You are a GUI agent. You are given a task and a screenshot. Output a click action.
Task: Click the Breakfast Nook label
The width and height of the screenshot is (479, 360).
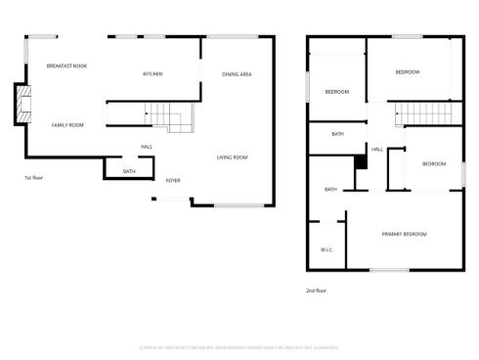(x=67, y=66)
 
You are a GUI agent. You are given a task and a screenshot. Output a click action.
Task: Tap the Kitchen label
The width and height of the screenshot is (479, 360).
(x=152, y=74)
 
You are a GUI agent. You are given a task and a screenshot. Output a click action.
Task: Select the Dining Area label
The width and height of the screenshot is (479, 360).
(x=238, y=74)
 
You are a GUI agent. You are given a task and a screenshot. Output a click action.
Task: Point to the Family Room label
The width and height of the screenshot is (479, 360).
(x=67, y=124)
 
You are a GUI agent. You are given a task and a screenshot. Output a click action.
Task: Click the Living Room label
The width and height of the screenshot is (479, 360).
(x=232, y=157)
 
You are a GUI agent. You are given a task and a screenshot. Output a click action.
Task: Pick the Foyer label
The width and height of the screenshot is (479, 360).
(x=173, y=180)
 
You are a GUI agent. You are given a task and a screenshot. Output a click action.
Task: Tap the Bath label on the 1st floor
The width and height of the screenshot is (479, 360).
(x=129, y=172)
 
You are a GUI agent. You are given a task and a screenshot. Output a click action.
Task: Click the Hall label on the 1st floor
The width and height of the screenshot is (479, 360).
(x=147, y=147)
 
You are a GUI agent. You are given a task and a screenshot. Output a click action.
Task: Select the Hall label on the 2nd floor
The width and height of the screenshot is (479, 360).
(x=376, y=149)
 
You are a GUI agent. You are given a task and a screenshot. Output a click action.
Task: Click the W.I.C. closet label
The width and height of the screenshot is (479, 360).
(x=327, y=249)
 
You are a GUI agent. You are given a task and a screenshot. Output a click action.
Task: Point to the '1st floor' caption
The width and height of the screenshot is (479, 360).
(x=34, y=177)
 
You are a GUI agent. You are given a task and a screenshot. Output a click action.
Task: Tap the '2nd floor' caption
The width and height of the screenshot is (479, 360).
(x=316, y=290)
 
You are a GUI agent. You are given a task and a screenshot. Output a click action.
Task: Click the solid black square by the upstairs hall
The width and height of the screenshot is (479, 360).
(x=359, y=163)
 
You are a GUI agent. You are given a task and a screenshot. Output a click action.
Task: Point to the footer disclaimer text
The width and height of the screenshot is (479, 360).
(x=239, y=346)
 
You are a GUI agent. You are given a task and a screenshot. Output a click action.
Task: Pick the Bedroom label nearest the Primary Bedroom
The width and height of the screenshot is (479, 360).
(x=433, y=163)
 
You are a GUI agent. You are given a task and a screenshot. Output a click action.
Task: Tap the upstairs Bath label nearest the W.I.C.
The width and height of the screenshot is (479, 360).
(x=330, y=189)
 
